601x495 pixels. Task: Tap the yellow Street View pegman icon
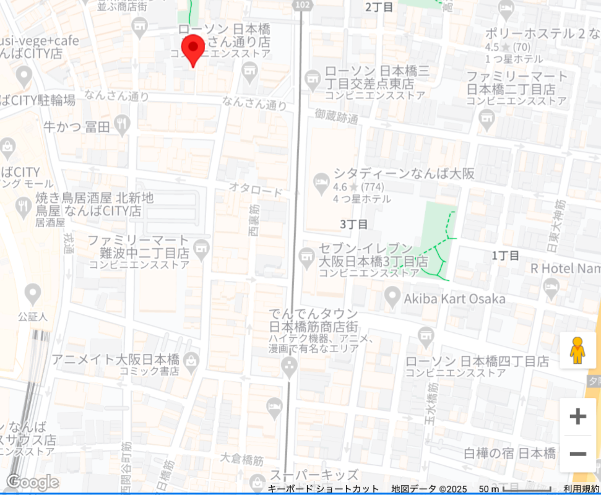click(577, 351)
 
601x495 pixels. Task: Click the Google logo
click(32, 482)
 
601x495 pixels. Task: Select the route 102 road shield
click(301, 5)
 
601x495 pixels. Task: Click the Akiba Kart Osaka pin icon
click(391, 298)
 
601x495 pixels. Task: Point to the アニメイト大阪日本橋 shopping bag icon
click(191, 359)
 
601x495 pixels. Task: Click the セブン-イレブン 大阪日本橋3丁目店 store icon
click(307, 256)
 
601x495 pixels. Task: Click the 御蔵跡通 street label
click(336, 115)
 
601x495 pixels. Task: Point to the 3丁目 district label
click(354, 223)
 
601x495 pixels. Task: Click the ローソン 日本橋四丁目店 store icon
click(425, 335)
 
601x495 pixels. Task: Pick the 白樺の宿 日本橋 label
click(509, 453)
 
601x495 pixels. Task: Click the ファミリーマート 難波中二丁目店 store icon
click(201, 250)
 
